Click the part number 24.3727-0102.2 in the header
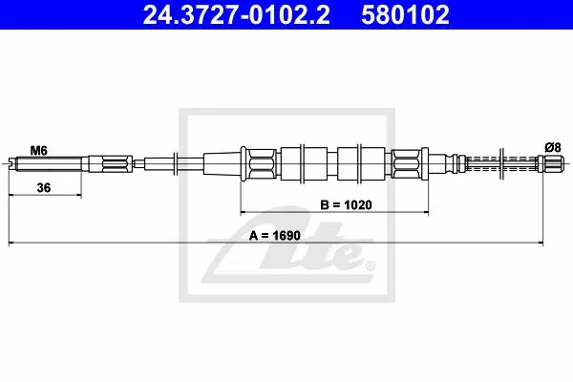click(237, 15)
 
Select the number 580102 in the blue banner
click(405, 15)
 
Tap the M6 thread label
click(39, 150)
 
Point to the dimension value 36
click(44, 188)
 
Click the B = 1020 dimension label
click(346, 204)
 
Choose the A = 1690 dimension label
click(275, 236)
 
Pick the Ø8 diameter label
click(553, 148)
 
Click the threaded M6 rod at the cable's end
click(48, 163)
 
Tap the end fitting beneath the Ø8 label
click(550, 163)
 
